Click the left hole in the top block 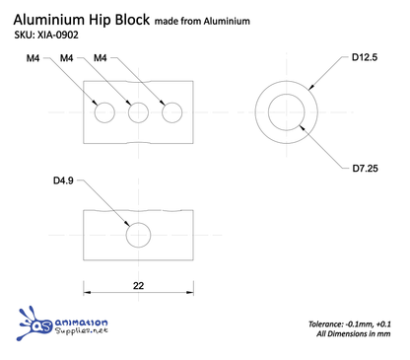coord(104,112)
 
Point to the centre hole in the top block coord(138,112)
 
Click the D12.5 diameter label coord(366,58)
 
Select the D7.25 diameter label coord(366,169)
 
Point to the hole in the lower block coord(138,235)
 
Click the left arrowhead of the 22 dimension coord(87,291)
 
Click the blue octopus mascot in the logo coord(39,324)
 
